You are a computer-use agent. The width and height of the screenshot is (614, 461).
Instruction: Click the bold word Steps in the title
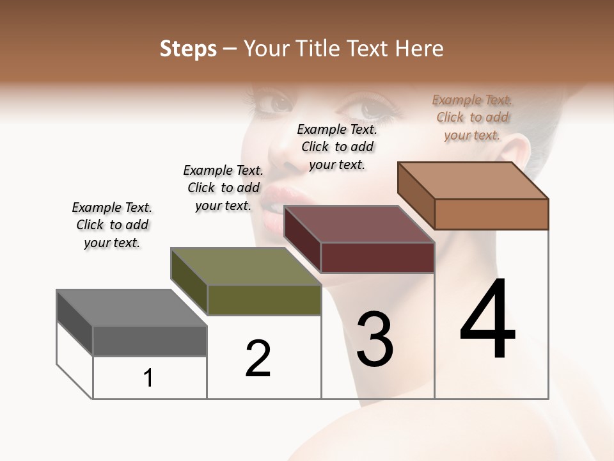[x=188, y=49]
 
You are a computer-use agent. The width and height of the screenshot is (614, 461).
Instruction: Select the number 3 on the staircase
[x=375, y=339]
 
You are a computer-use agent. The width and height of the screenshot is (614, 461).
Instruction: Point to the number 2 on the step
[x=258, y=359]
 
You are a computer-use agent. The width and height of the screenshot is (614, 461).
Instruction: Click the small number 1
[x=148, y=378]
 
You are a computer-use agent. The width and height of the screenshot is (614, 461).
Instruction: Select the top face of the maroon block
[x=359, y=224]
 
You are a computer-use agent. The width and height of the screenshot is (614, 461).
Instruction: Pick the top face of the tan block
[x=473, y=181]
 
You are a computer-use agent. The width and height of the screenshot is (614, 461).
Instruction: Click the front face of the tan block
[x=491, y=214]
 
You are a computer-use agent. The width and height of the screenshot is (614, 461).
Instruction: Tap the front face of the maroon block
[x=377, y=257]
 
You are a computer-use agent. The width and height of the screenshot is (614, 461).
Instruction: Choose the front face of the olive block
[x=264, y=300]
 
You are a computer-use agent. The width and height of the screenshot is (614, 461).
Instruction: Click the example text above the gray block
[x=112, y=225]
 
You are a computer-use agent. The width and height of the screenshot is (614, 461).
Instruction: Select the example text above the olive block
[x=223, y=188]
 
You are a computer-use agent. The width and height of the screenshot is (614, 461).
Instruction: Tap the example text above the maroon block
[x=337, y=147]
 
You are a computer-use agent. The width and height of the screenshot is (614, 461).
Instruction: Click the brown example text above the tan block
[x=472, y=117]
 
